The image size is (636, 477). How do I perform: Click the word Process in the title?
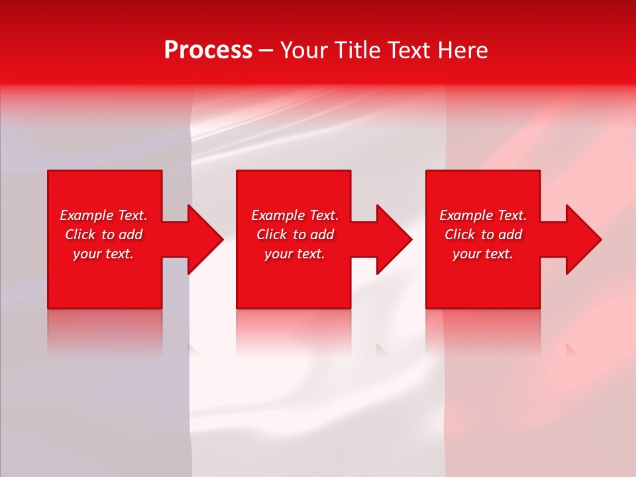point(208,50)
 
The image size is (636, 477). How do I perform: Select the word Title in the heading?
point(360,50)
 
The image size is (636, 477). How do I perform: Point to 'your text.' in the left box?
point(103,254)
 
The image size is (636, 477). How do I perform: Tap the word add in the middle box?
point(322,235)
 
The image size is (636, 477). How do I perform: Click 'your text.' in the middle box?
point(294,254)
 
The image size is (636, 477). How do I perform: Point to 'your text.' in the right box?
point(483,254)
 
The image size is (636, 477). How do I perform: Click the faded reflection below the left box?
point(105,331)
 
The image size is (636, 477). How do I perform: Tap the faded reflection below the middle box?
point(293,331)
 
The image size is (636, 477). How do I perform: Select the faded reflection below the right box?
point(483,331)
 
